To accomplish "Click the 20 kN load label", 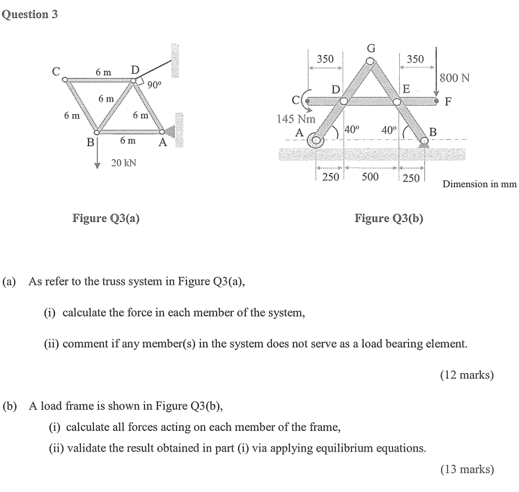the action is coord(124,164).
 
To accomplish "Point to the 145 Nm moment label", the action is coord(296,119).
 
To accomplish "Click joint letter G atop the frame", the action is coord(371,49).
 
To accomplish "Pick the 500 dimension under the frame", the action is coord(370,177).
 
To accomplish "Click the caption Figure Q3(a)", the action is coord(106,219).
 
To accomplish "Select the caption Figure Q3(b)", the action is coord(389,219).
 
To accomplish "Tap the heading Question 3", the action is coord(29,14).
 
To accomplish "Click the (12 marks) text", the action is coord(467,375).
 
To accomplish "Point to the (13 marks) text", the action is coord(467,469).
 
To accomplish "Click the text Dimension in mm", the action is coord(479,185).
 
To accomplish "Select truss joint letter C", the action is coord(55,70).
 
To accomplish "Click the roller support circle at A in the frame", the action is coord(317,141).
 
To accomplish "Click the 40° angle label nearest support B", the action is coord(389,129).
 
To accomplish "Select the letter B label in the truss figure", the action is coord(88,142).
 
